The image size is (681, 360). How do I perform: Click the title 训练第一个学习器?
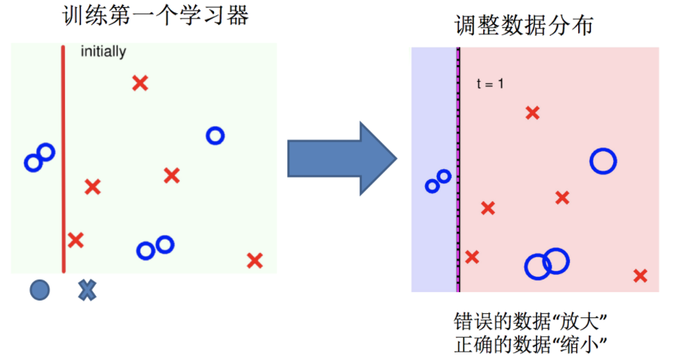coord(155,16)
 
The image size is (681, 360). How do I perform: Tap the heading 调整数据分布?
coord(524,26)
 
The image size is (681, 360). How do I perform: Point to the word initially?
coord(103,52)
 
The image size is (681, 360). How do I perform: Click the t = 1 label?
coord(490,84)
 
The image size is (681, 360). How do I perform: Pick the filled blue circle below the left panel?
coord(40,289)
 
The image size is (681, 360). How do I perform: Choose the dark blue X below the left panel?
coord(87,289)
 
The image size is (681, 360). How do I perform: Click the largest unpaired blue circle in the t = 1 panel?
coord(603,161)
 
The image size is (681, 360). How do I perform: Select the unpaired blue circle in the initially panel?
coord(215,136)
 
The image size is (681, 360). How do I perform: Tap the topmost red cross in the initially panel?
coord(140,83)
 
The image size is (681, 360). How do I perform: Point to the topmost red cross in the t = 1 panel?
coord(533,113)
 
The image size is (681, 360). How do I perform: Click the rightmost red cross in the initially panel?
coord(255,261)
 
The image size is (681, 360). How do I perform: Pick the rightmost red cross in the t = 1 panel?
coord(640,275)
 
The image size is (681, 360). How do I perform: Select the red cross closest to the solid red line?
coord(76,240)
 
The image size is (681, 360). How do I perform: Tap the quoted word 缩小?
coord(580,345)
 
